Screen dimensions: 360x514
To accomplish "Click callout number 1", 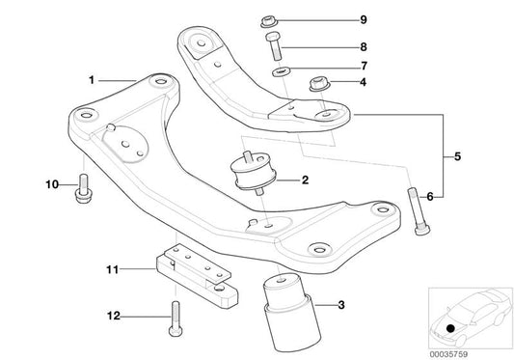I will point(93,81).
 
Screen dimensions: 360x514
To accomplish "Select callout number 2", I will point(304,180).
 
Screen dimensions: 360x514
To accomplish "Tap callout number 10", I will point(52,183).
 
